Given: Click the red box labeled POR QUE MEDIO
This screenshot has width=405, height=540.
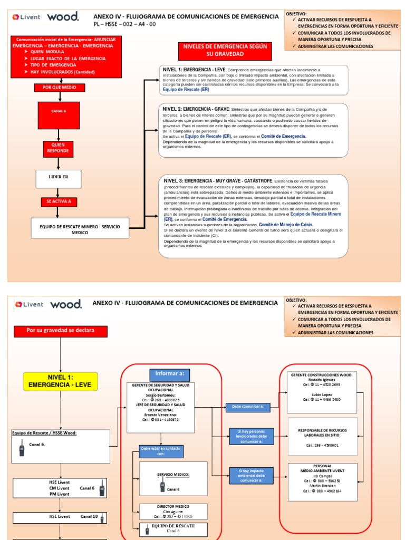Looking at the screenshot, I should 59,88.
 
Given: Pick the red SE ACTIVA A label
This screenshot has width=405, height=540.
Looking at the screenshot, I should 59,201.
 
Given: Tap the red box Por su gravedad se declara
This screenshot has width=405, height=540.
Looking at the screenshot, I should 60,331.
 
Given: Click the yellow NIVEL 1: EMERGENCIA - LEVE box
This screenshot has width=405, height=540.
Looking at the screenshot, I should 60,381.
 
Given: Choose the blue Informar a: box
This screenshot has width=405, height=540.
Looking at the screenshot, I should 169,374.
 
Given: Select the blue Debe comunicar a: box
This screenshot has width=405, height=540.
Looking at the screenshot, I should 247,407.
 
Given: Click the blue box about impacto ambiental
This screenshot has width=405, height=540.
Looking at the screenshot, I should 252,476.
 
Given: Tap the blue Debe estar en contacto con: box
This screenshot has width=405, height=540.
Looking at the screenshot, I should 161,451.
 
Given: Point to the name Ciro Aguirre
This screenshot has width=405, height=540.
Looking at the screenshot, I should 173,512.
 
